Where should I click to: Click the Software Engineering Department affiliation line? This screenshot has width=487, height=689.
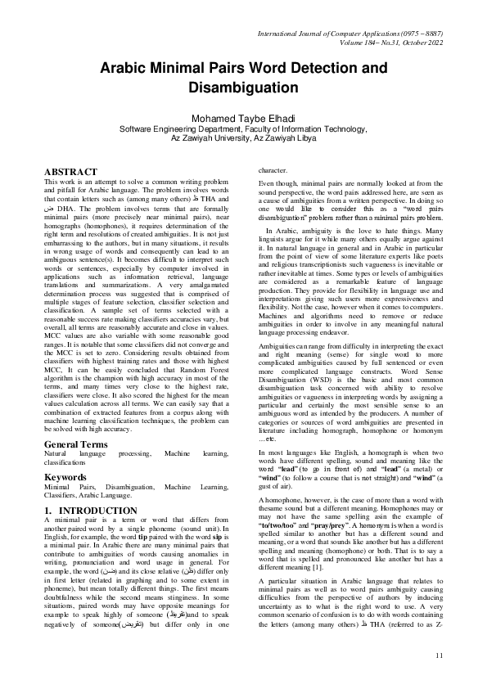(243, 129)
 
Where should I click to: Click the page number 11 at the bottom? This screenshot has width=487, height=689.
(440, 655)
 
